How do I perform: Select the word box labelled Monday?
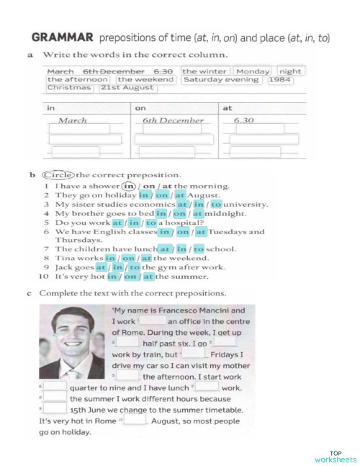click(252, 71)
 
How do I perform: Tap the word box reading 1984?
click(280, 79)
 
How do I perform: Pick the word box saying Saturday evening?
click(222, 79)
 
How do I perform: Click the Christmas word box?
click(69, 87)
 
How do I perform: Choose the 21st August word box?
click(127, 87)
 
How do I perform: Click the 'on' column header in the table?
click(140, 107)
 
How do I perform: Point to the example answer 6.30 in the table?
click(244, 120)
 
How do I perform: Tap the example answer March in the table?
click(72, 120)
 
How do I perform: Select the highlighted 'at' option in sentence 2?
click(181, 194)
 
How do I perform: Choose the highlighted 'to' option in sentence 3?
click(216, 204)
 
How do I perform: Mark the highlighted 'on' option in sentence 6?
click(183, 232)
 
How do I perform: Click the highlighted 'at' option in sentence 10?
click(148, 277)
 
